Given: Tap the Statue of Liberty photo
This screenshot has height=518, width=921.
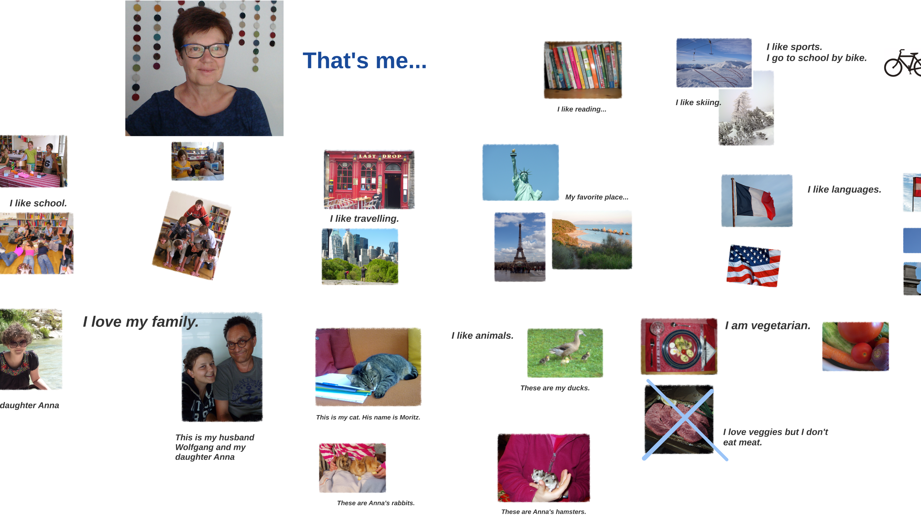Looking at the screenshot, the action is coord(520,172).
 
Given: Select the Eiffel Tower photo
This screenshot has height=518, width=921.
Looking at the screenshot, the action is coord(520,247).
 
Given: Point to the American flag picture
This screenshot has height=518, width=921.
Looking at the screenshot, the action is coord(753,265).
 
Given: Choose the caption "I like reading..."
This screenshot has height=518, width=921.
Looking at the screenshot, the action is coord(582,109).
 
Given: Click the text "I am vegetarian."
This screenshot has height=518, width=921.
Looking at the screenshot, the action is coord(767,325).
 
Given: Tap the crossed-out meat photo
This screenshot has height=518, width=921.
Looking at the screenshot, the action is coord(679,419).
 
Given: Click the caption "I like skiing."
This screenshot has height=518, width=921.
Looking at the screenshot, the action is coord(698,103).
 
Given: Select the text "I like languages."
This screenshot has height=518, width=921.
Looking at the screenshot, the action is coord(844,189).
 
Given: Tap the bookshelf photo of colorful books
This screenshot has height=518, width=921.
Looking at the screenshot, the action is coord(583,70).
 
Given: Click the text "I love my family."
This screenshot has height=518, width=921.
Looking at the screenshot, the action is coord(141,322).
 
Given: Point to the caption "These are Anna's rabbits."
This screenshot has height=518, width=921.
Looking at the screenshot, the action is coord(376,503).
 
